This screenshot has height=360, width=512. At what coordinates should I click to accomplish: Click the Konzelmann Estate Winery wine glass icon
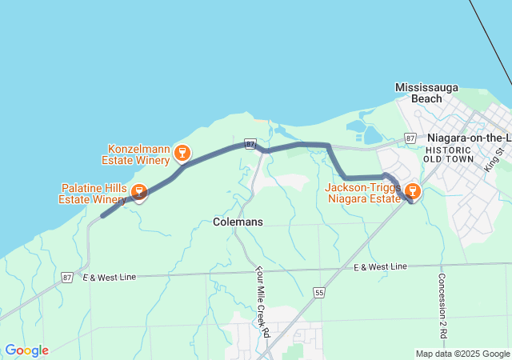click(182, 151)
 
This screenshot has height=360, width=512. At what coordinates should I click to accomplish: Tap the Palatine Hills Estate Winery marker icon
click(139, 193)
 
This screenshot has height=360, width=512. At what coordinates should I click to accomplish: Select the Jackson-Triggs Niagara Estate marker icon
click(413, 190)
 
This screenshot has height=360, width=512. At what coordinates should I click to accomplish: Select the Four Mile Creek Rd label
click(261, 302)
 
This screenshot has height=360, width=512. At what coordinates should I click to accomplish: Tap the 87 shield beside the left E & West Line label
click(66, 277)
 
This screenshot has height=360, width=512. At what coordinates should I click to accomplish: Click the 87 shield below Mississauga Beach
click(410, 138)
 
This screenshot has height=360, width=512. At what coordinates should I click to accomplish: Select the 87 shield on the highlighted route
click(250, 144)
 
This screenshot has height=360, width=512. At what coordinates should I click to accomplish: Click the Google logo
click(26, 350)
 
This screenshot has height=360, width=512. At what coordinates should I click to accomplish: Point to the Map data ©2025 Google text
click(462, 354)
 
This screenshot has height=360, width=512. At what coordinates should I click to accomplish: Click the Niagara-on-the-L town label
click(469, 138)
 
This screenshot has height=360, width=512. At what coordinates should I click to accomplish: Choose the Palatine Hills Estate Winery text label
click(91, 193)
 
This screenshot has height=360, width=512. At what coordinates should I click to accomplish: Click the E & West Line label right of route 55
click(380, 266)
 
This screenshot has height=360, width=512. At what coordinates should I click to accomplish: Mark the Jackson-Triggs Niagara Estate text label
click(362, 192)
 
